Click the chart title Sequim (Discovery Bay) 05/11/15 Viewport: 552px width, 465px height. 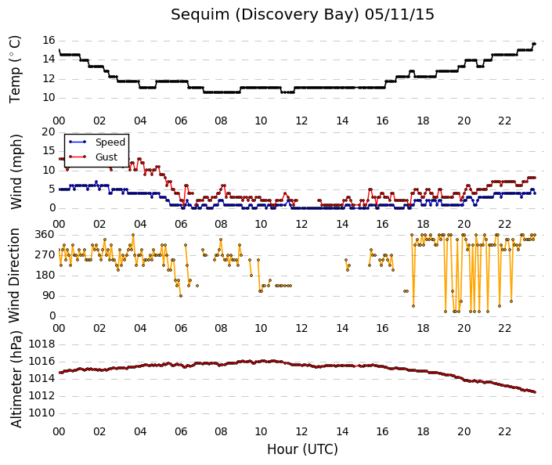click(302, 15)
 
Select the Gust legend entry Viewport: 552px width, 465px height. click(93, 157)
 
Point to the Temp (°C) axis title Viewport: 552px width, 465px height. click(15, 70)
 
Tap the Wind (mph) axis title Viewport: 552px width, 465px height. click(16, 171)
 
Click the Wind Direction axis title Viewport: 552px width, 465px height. click(14, 276)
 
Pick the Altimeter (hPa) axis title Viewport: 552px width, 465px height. click(16, 379)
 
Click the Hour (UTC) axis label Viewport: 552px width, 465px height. click(302, 449)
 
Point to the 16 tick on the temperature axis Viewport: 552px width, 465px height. click(49, 40)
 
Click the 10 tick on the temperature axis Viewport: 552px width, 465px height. click(49, 97)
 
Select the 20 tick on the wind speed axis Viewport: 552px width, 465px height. click(49, 132)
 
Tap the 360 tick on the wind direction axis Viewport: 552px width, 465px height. click(45, 234)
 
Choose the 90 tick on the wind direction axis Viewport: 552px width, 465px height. click(49, 295)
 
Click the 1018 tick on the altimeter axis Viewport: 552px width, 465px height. click(42, 344)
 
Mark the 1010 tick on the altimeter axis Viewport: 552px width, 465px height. click(42, 413)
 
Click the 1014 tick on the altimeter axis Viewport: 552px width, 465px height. click(42, 378)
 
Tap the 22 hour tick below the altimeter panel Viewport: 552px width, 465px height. click(504, 431)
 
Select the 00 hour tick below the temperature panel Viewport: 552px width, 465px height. click(59, 121)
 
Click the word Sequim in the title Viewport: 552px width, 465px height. click(200, 15)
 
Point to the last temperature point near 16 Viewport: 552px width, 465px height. click(535, 44)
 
